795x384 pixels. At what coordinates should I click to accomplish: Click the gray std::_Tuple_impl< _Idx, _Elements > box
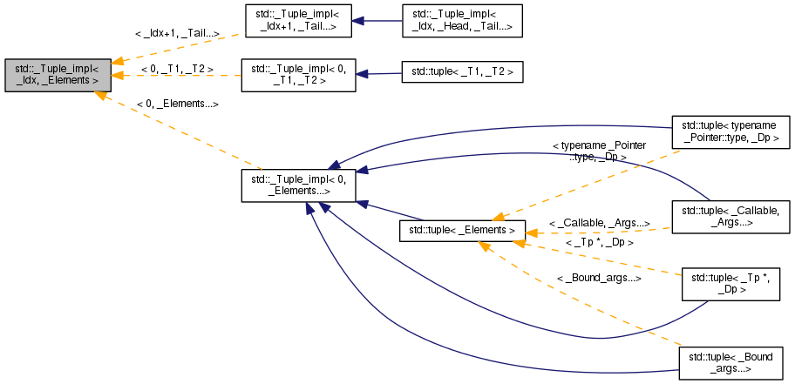pyautogui.click(x=58, y=74)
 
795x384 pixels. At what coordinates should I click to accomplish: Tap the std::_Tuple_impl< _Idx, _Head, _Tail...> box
pyautogui.click(x=460, y=20)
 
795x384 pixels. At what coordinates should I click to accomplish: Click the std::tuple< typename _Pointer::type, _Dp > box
pyautogui.click(x=730, y=131)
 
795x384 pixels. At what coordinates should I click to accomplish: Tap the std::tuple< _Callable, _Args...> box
pyautogui.click(x=730, y=217)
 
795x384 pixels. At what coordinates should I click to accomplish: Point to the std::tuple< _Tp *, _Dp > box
pyautogui.click(x=730, y=284)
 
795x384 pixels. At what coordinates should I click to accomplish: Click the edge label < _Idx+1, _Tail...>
pyautogui.click(x=177, y=34)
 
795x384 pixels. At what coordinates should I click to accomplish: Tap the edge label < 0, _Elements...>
pyautogui.click(x=177, y=104)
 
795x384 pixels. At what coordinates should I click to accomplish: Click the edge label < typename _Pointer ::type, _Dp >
pyautogui.click(x=599, y=152)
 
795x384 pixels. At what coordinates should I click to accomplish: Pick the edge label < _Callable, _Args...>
pyautogui.click(x=599, y=224)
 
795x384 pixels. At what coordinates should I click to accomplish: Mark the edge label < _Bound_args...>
pyautogui.click(x=599, y=279)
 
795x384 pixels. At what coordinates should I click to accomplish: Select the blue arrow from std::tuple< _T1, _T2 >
pyautogui.click(x=377, y=74)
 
